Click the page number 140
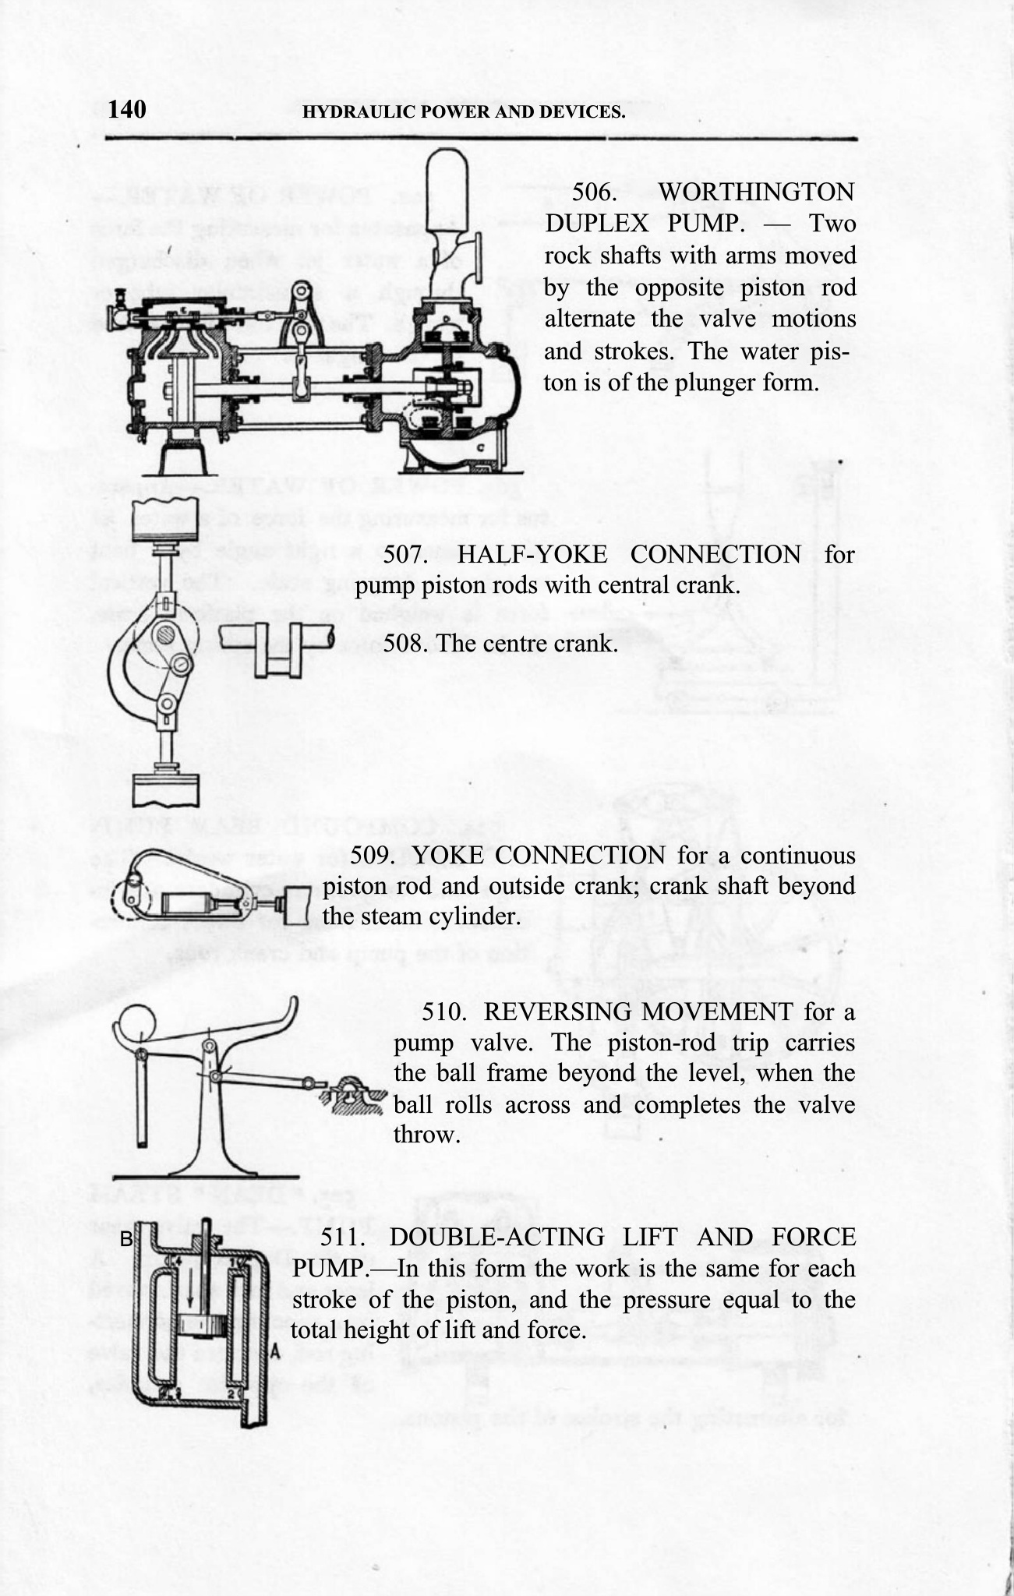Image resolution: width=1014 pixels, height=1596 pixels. click(127, 110)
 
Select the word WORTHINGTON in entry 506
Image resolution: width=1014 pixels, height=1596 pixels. click(756, 192)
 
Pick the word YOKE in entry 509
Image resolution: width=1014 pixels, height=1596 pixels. click(448, 856)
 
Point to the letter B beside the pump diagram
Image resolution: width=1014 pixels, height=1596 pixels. click(128, 1238)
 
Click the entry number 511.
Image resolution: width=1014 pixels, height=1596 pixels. click(344, 1238)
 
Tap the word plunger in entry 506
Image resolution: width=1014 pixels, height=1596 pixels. click(724, 383)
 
